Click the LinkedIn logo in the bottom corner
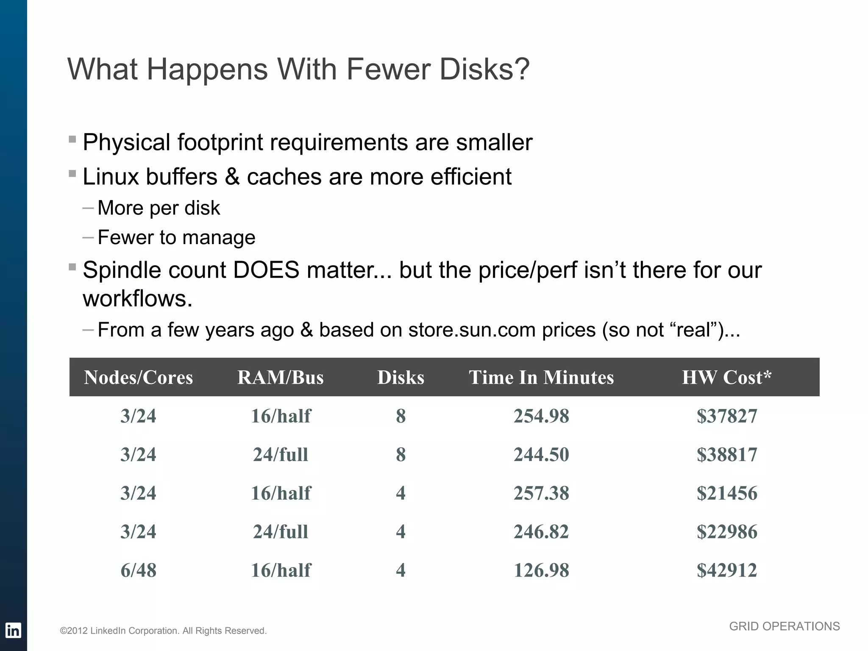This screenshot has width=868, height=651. tap(13, 631)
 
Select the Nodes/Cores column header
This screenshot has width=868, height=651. tap(138, 377)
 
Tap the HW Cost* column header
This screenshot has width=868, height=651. tap(726, 377)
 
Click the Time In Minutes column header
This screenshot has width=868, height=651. tap(541, 377)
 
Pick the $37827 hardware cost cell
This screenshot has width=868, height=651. tap(726, 416)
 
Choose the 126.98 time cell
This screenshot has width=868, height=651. tap(541, 570)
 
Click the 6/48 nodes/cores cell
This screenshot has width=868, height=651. tap(138, 570)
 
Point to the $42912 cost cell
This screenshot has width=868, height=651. tap(726, 570)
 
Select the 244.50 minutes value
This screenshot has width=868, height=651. tap(541, 454)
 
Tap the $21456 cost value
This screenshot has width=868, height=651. tap(726, 493)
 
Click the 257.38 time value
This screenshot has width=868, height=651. tap(541, 493)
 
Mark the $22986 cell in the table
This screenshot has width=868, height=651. tap(726, 531)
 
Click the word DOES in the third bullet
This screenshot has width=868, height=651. tap(266, 270)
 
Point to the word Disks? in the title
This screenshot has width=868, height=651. tap(484, 69)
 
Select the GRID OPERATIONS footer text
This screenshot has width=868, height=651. tap(784, 626)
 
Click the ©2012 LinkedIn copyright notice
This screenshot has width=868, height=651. tap(163, 631)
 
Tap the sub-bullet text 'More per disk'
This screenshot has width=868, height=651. tap(159, 208)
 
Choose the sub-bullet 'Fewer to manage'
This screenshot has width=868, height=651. tap(176, 237)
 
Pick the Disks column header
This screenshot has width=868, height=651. tap(401, 377)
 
